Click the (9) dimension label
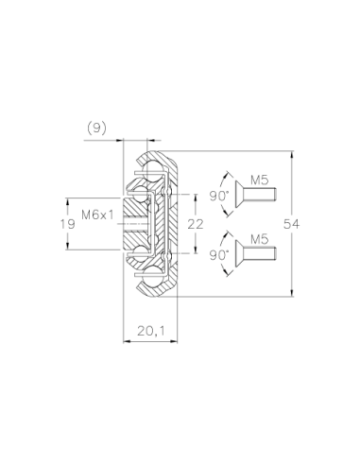[x=96, y=129]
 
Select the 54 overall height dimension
[x=291, y=224]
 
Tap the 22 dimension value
[x=196, y=224]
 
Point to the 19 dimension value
[x=68, y=224]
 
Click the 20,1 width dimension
[x=151, y=331]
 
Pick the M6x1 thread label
[x=97, y=215]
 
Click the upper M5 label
[x=260, y=180]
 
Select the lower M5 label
[x=260, y=239]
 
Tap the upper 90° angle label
[x=218, y=196]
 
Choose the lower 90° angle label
[x=218, y=255]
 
